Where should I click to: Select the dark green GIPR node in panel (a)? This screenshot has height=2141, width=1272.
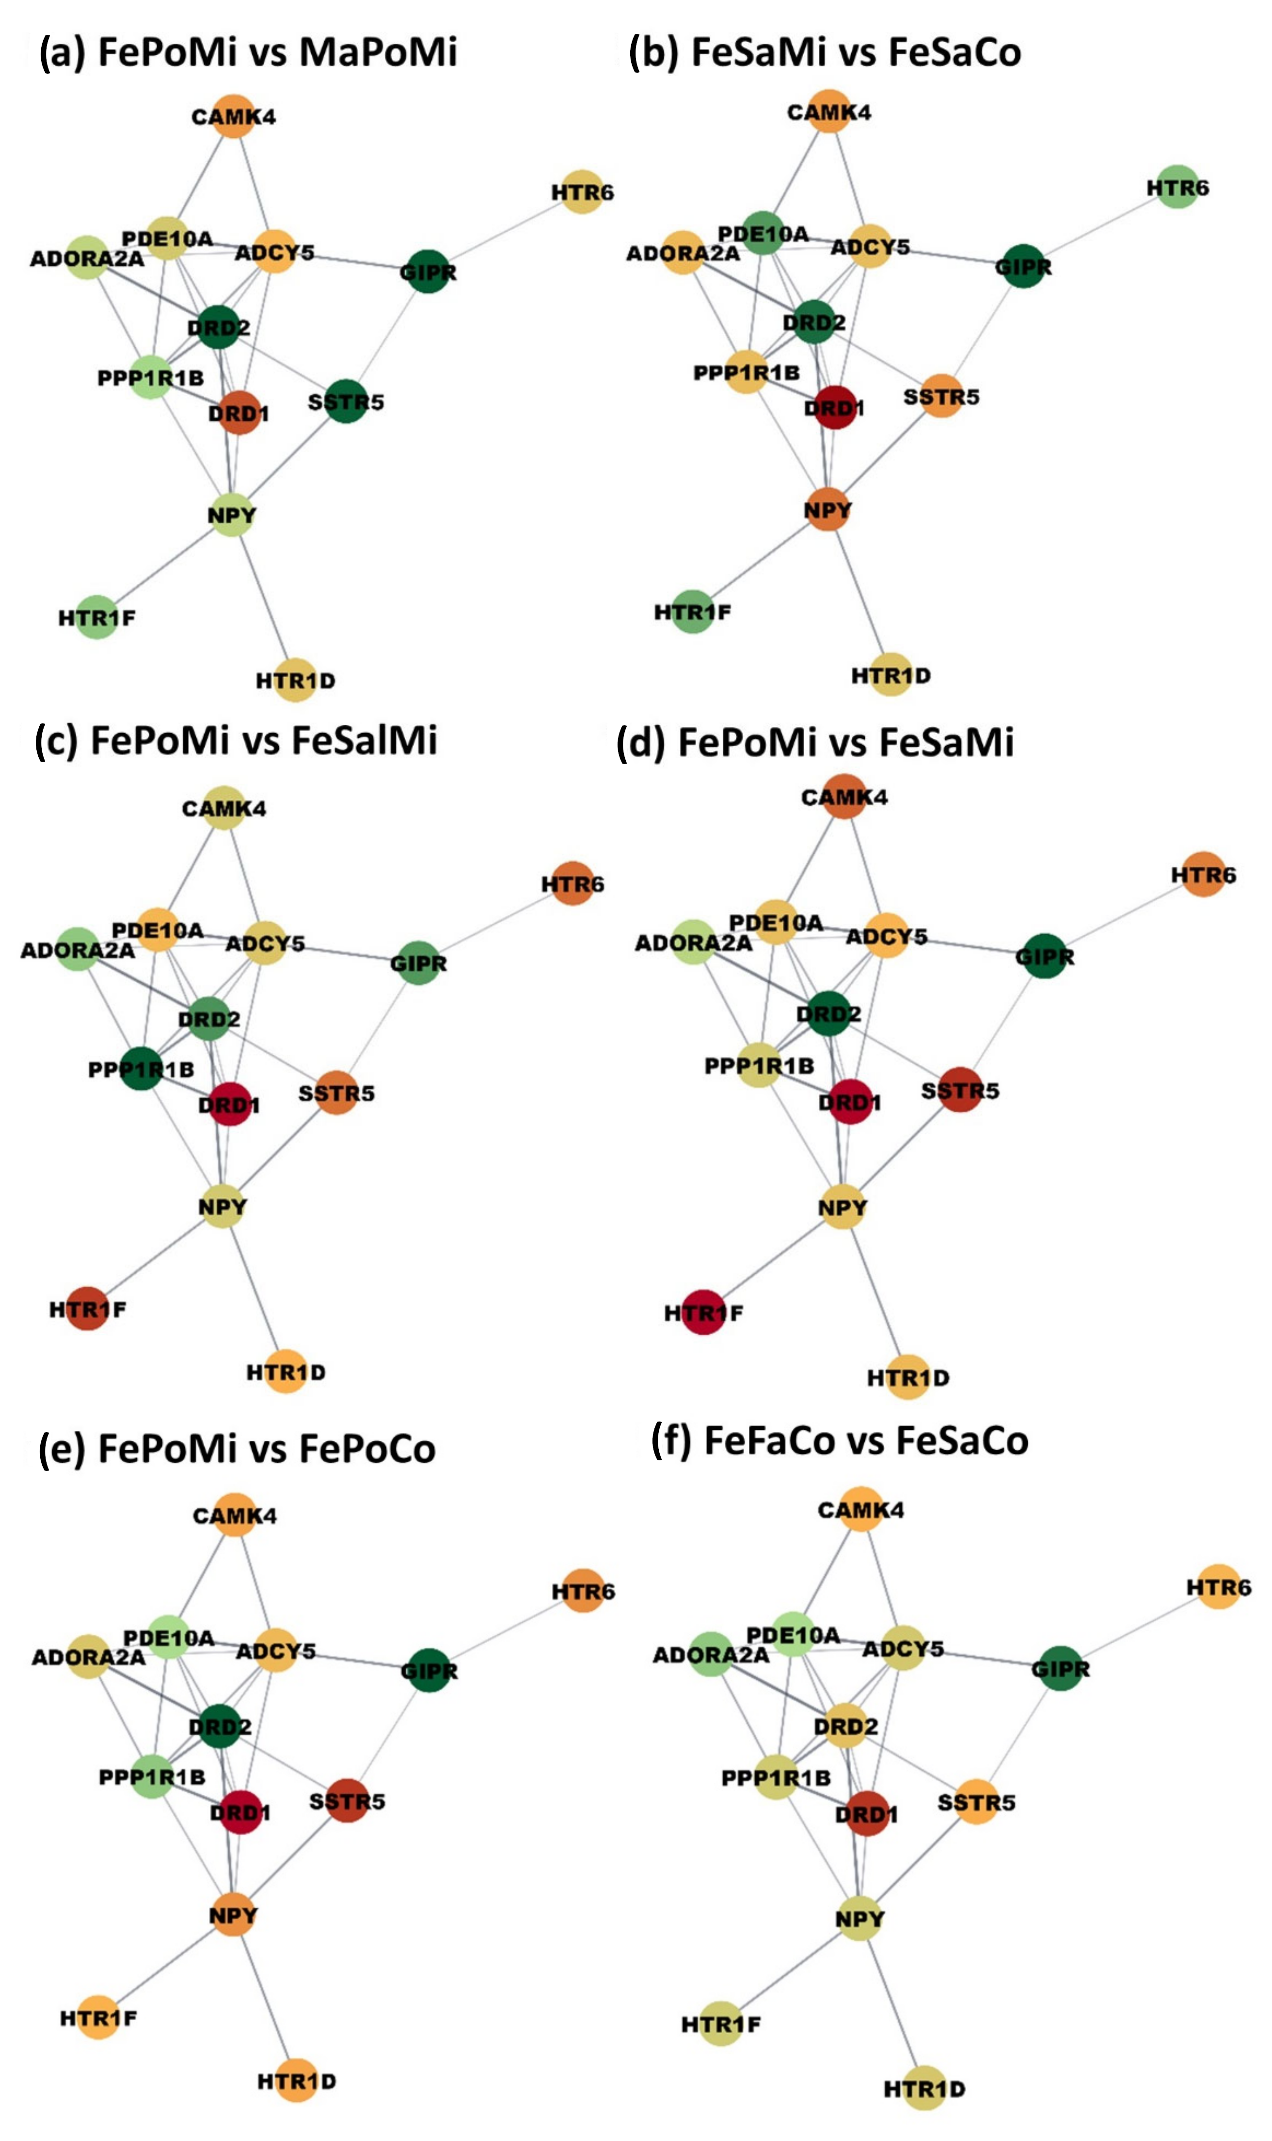(428, 271)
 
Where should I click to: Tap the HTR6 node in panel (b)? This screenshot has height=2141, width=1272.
(1177, 187)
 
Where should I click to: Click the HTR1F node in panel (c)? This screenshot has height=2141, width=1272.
(87, 1309)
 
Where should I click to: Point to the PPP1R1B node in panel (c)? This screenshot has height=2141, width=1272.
(142, 1068)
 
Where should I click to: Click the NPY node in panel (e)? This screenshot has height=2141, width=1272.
(233, 1915)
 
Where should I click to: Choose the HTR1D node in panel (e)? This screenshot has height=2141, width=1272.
(297, 2080)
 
